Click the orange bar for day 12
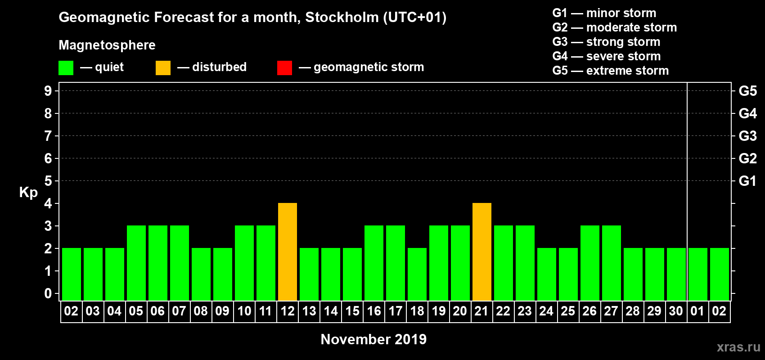288,252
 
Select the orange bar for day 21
482,252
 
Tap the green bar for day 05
136,263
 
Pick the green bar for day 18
417,274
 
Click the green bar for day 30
676,274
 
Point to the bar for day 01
698,274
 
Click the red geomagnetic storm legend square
284,68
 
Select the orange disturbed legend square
163,68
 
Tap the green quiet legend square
66,68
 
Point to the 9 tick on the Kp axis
48,91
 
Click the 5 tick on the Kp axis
48,181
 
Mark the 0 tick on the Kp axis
48,293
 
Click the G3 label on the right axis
747,136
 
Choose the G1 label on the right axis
747,181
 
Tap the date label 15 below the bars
352,311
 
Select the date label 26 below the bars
589,311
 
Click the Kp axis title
28,193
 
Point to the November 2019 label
373,339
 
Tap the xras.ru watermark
738,347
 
